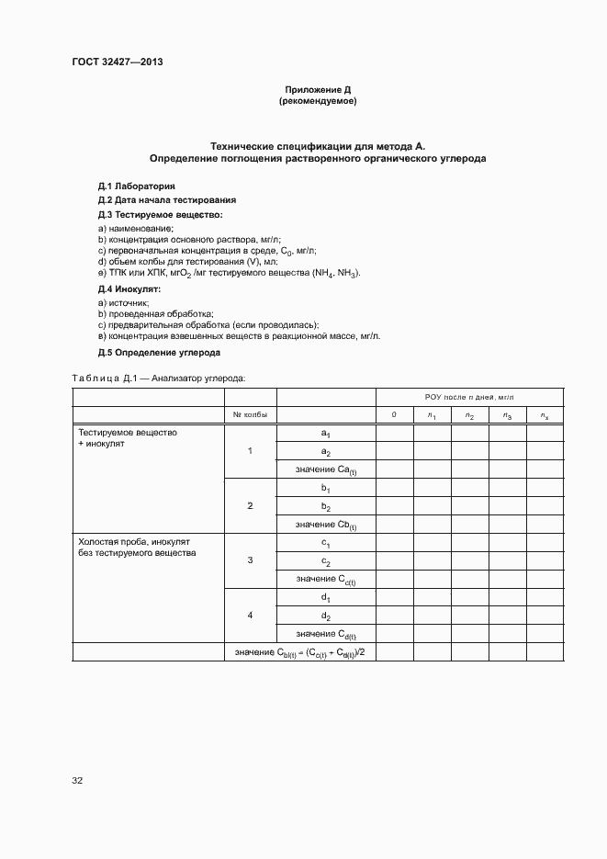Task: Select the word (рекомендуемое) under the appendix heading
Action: coord(317,101)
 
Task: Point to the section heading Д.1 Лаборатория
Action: coord(136,186)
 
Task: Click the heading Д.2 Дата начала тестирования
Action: coord(167,199)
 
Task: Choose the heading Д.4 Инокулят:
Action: coord(129,288)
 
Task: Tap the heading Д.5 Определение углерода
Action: coord(159,353)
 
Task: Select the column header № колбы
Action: coord(250,415)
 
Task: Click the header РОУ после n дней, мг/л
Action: coord(469,397)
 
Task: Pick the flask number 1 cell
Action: coord(250,451)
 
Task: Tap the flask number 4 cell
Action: coord(250,615)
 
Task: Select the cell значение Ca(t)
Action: coord(325,470)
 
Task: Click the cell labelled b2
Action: coord(325,506)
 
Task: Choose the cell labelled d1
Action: coord(325,597)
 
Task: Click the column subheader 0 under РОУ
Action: coord(394,415)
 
